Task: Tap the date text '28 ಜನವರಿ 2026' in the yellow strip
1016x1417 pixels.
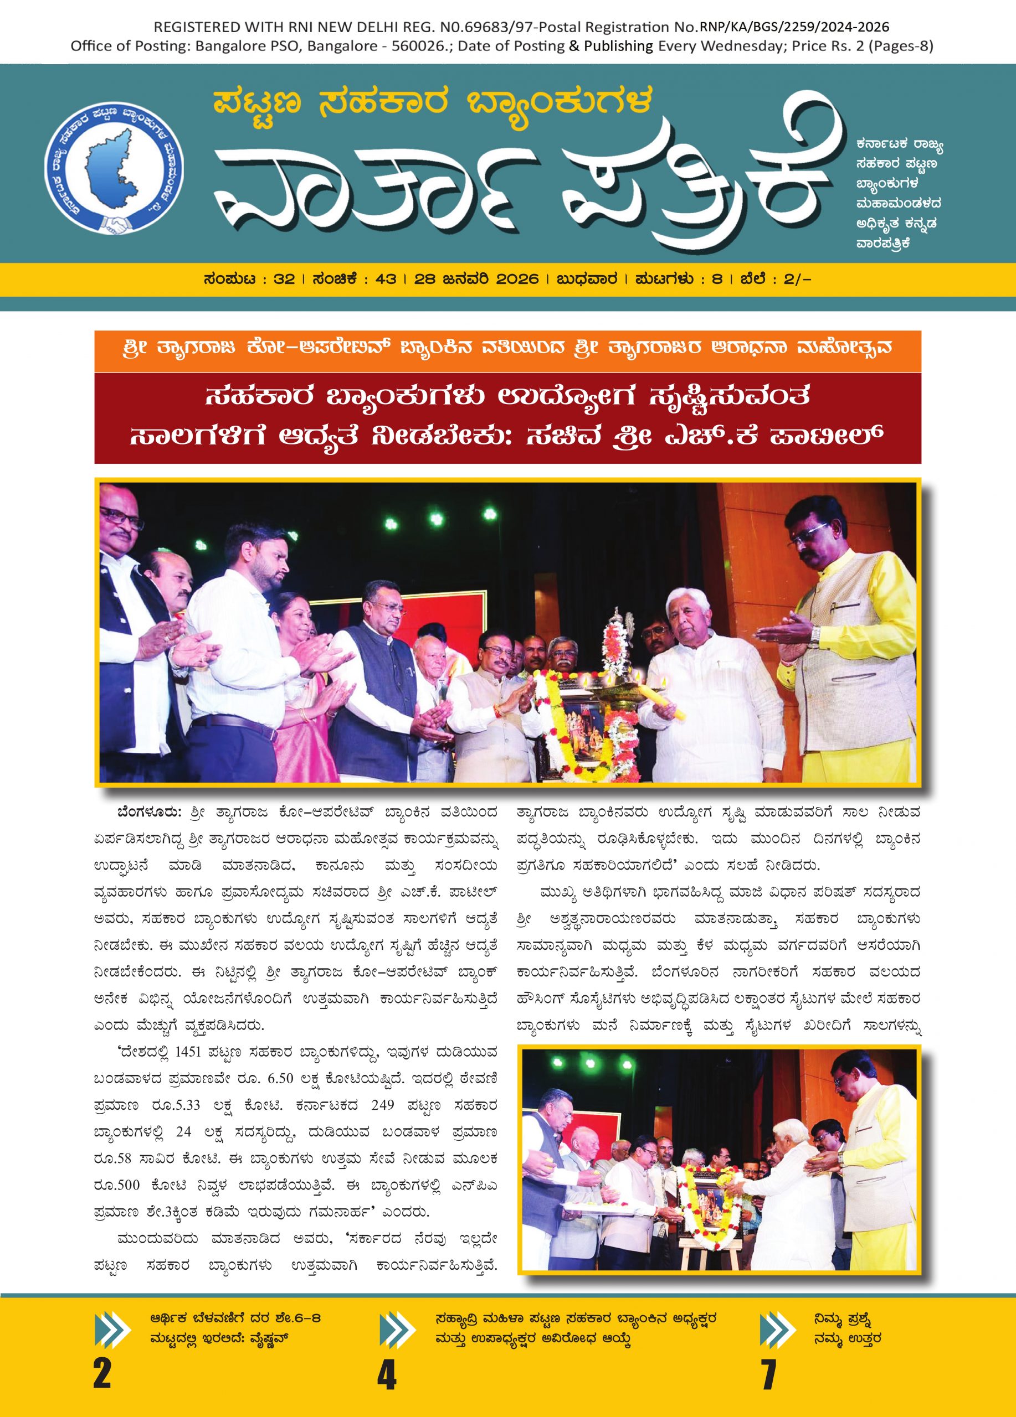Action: pyautogui.click(x=476, y=280)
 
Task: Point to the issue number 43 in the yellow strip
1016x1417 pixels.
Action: pyautogui.click(x=386, y=280)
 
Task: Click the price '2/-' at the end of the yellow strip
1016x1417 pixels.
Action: pyautogui.click(x=798, y=280)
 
